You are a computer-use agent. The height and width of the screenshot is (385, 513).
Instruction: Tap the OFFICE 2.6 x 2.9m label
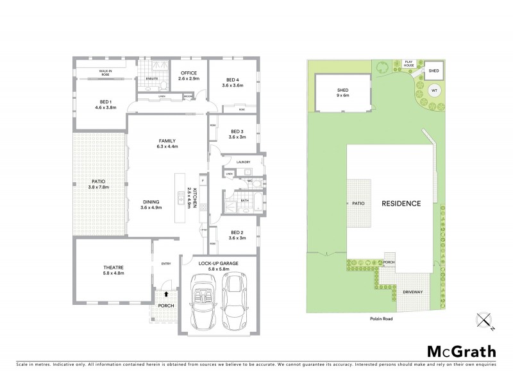point(189,76)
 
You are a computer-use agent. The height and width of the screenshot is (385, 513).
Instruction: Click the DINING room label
point(152,205)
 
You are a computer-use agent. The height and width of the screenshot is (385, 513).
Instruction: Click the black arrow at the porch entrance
point(166,294)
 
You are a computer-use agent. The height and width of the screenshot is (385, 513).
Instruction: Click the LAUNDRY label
point(242,162)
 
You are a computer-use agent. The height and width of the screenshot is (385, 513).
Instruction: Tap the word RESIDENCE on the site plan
point(401,203)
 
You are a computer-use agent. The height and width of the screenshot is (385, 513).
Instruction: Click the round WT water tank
point(434,90)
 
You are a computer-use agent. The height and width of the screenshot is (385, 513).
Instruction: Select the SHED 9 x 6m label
point(342,93)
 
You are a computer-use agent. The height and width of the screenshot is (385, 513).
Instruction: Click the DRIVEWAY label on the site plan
point(412,292)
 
